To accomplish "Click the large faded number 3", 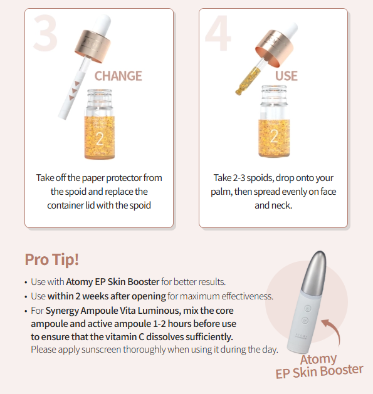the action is click(45, 33).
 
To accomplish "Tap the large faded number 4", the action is click(218, 33).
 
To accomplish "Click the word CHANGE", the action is click(118, 76).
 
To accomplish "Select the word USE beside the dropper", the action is click(286, 76).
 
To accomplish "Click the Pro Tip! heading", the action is click(52, 259).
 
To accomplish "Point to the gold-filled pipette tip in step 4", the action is click(248, 81).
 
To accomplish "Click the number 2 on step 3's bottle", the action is click(100, 138).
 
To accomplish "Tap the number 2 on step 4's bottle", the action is click(274, 136).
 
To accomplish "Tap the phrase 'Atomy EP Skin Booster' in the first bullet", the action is click(113, 282).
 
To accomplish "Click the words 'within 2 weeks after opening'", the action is click(107, 296).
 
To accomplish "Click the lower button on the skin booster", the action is click(305, 320).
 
